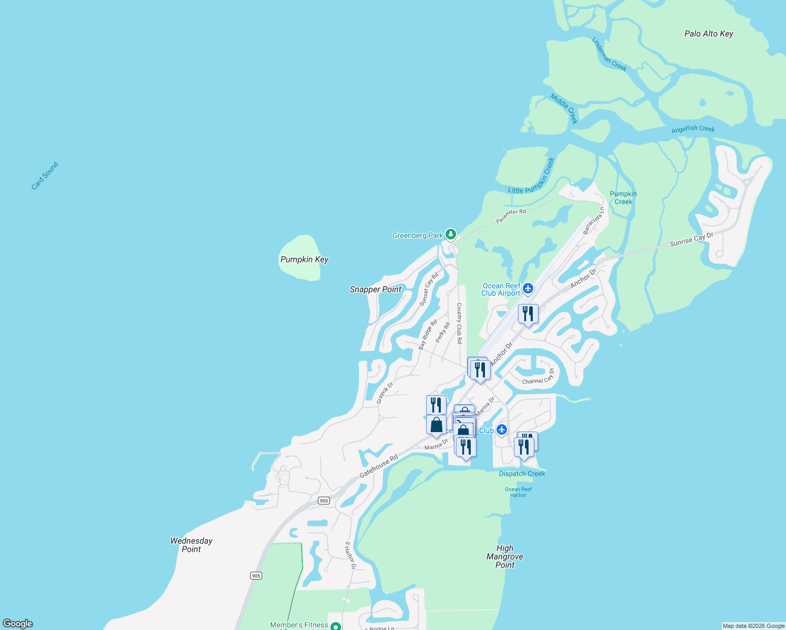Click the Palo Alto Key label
coord(709,34)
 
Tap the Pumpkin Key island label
coord(304,259)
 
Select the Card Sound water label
coord(45,176)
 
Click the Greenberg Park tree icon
coord(450,234)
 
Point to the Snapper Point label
coord(376,289)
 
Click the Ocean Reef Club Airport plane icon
coord(528,289)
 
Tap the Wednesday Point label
coord(191,545)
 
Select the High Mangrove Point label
coord(505,556)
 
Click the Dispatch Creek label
coord(522,474)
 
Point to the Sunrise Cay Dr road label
coord(691,240)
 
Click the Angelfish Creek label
coord(693,129)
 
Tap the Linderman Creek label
coord(609,54)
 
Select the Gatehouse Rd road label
coord(378,466)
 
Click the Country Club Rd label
coord(459,323)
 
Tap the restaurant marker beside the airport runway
coord(528,314)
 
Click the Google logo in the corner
coord(18,624)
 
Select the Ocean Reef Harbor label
coord(518,492)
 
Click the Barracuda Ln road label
coord(594,220)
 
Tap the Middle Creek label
coord(564,109)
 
